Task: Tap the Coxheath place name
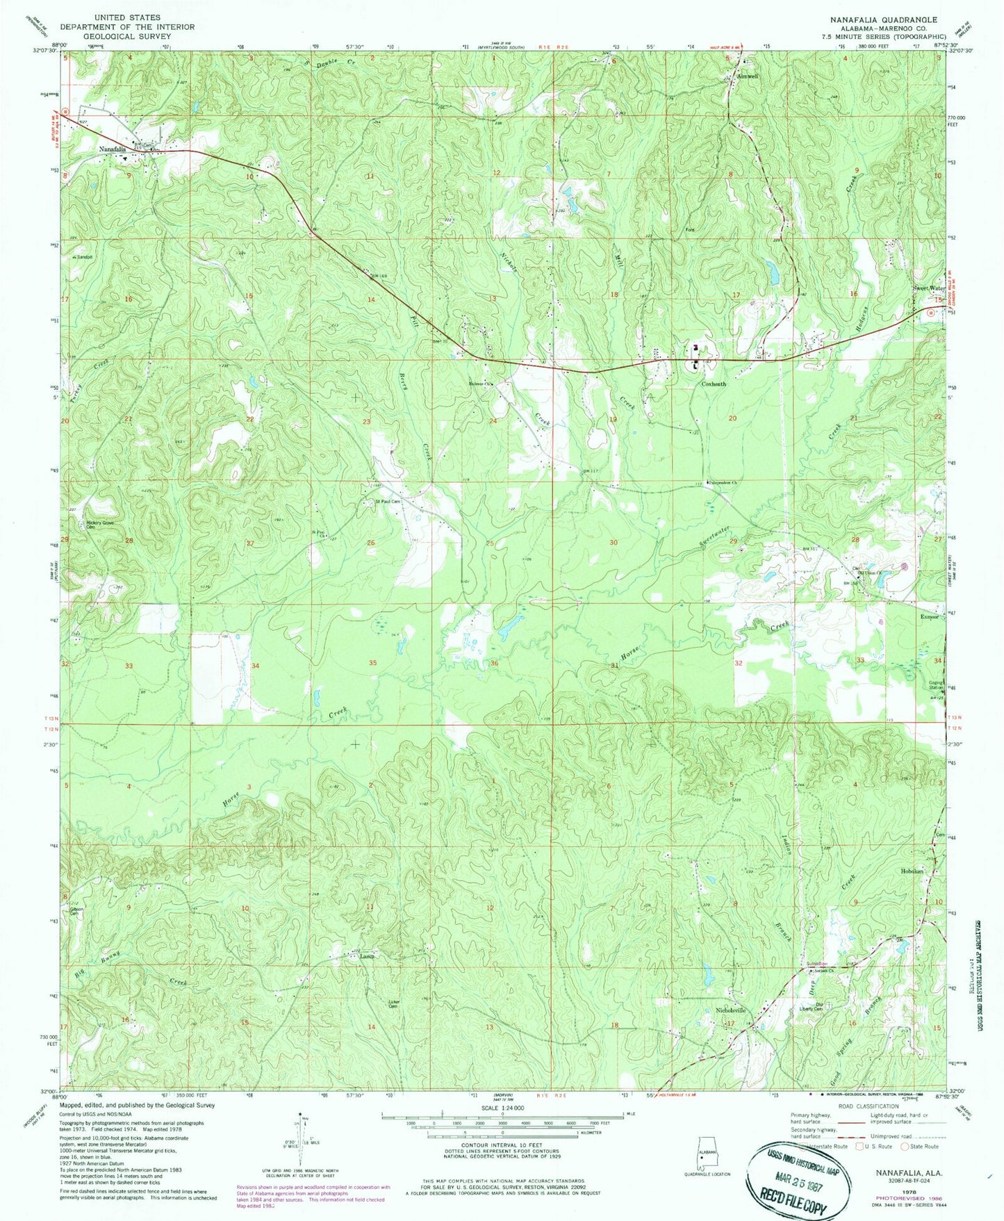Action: [x=714, y=384]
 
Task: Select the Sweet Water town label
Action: [x=929, y=288]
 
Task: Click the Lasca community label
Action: [x=368, y=956]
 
